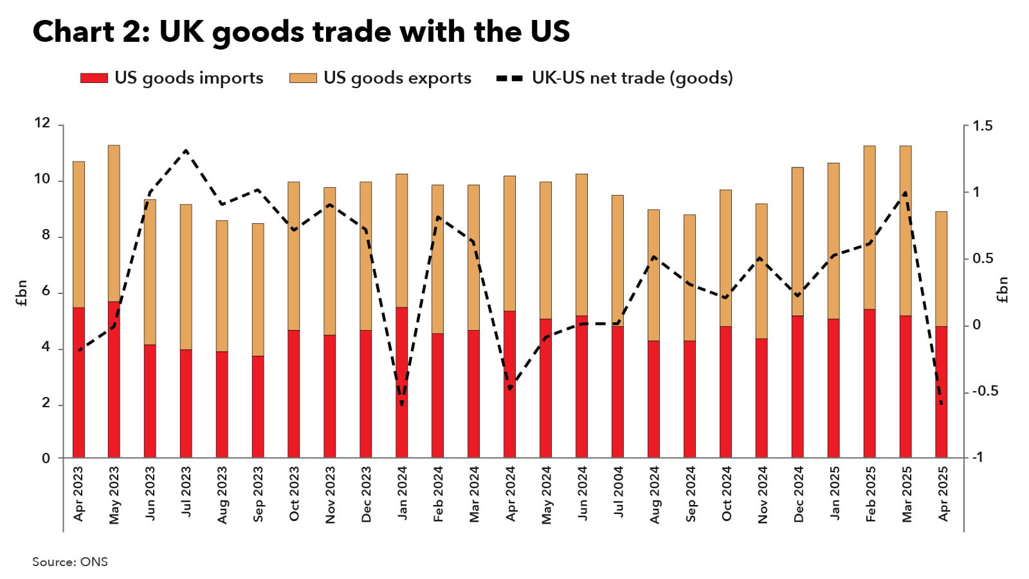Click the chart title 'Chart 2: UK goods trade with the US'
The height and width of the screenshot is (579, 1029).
coord(301,32)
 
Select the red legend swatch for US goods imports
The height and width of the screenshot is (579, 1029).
coord(94,78)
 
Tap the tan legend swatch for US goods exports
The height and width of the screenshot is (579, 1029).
coord(303,78)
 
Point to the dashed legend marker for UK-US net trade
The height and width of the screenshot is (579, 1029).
coord(509,78)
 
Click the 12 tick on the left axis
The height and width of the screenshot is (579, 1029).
coord(42,123)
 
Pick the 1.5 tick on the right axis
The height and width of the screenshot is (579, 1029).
coord(982,126)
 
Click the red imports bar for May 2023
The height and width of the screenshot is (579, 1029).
coord(114,380)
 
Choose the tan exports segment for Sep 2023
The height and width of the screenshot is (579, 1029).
coord(258,289)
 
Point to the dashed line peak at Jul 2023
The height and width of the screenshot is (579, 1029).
coord(186,151)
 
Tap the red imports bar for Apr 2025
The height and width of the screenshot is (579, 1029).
coord(941,392)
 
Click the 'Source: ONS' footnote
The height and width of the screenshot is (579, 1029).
coord(70,562)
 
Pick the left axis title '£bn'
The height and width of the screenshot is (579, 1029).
coord(22,293)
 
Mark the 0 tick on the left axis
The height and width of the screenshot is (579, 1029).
coord(46,458)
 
